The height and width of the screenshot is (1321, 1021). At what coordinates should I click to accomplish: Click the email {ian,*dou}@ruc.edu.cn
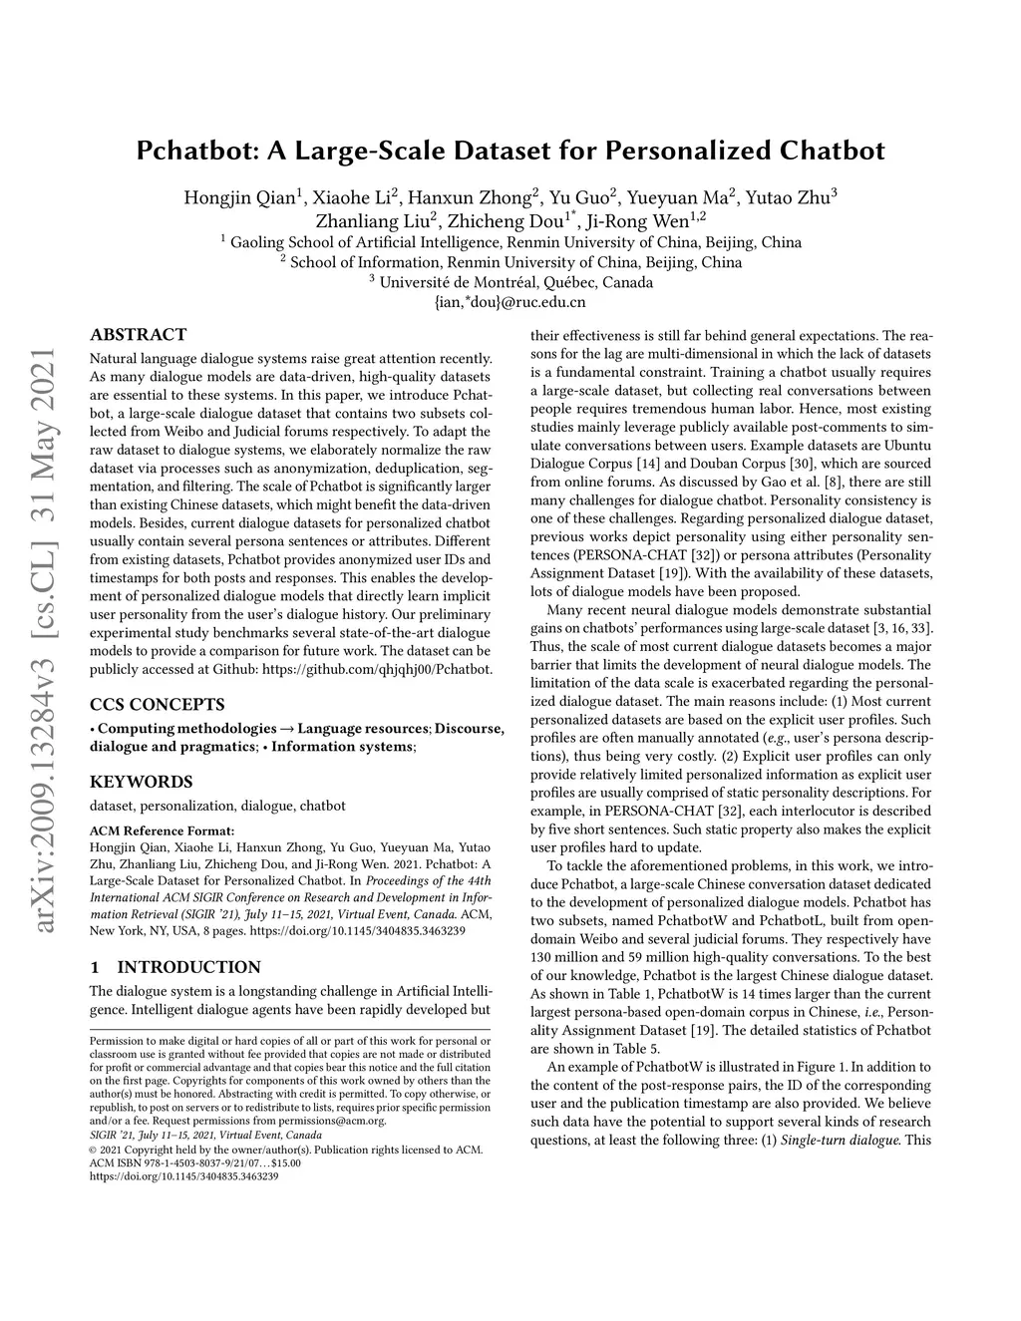pyautogui.click(x=510, y=301)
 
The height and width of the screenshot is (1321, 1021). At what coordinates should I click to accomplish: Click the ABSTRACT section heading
pyautogui.click(x=138, y=335)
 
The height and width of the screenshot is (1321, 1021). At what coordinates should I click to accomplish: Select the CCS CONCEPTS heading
pyautogui.click(x=157, y=704)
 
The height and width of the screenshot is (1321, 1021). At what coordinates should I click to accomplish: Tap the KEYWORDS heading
pyautogui.click(x=141, y=782)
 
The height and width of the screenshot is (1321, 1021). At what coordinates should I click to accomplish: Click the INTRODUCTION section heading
pyautogui.click(x=188, y=967)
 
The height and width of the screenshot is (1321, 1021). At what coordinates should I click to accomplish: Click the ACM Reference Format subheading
pyautogui.click(x=163, y=829)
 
